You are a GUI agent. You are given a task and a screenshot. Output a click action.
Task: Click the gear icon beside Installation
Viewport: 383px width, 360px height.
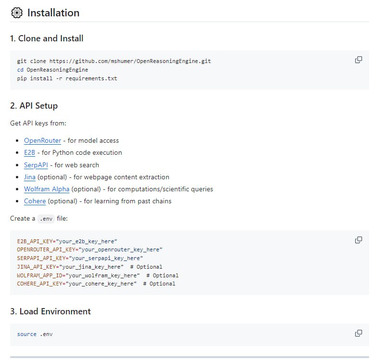tap(17, 13)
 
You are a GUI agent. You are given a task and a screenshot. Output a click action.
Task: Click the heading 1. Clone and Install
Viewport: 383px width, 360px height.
tap(47, 38)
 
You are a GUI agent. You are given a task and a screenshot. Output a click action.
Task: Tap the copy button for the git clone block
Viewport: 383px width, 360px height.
tap(358, 60)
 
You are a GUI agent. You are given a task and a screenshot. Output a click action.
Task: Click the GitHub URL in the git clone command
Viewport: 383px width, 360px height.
tap(130, 62)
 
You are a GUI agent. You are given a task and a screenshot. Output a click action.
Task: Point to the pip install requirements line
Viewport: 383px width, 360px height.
tap(67, 78)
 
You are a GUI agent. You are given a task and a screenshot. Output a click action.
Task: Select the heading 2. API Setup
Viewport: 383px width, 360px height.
tap(34, 106)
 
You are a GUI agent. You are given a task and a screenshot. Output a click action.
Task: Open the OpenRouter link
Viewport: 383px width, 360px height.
tap(42, 141)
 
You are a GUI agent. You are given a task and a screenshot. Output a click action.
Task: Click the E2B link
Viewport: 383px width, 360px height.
tap(29, 153)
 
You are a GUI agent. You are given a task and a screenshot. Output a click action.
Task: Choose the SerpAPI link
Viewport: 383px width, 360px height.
tap(36, 165)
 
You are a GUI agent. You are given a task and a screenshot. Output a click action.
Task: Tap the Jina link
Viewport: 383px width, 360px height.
tap(30, 177)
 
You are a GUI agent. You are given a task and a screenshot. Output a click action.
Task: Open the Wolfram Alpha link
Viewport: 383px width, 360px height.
tap(47, 189)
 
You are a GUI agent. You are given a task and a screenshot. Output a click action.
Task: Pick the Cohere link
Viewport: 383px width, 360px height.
tap(35, 201)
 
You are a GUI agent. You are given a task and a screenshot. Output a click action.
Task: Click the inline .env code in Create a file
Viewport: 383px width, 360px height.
tap(46, 219)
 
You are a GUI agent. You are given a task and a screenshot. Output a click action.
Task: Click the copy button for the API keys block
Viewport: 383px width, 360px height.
tap(358, 240)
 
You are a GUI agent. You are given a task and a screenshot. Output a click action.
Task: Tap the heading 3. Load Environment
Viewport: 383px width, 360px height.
tap(50, 311)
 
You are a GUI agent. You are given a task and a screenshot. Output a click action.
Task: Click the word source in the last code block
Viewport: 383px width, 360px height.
tap(26, 334)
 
